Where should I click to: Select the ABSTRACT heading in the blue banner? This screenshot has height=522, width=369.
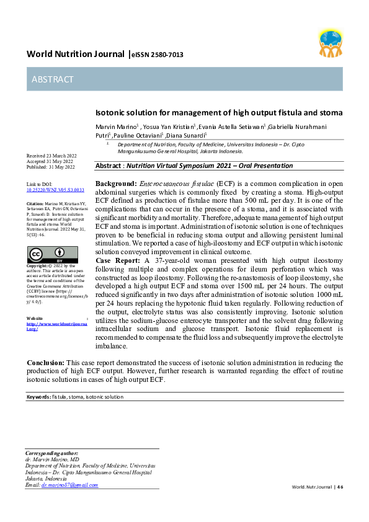pos(53,79)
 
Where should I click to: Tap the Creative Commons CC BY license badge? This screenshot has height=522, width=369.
pos(53,254)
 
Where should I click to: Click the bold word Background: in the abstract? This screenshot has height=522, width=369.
pos(115,184)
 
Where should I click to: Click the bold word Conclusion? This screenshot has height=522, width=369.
pos(45,362)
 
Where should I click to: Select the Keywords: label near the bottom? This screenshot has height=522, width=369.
pos(38,397)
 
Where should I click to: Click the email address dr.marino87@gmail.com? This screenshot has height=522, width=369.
pos(69,485)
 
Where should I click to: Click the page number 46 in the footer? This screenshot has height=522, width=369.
pos(340,487)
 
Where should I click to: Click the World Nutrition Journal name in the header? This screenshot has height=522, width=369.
pos(75,55)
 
